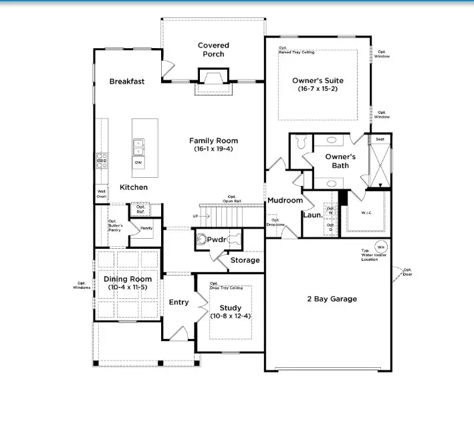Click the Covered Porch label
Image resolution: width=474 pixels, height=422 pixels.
click(x=213, y=50)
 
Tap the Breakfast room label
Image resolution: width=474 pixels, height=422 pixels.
click(x=127, y=82)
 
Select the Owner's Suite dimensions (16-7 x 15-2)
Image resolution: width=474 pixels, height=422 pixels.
click(x=318, y=89)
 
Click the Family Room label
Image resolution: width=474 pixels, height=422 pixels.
click(x=213, y=140)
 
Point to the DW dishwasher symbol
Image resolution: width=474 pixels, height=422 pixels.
click(x=138, y=163)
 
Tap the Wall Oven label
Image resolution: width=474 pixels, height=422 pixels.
click(x=101, y=194)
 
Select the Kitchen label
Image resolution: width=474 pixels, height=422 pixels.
click(x=134, y=187)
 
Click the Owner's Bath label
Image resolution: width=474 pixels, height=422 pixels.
click(x=340, y=161)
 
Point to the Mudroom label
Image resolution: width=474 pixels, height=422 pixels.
click(x=285, y=200)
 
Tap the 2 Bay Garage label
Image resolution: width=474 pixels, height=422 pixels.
click(x=332, y=299)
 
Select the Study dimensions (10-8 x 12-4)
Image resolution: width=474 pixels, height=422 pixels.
click(x=230, y=316)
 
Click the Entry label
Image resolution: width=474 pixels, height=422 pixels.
click(x=179, y=302)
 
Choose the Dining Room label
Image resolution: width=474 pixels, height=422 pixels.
click(x=127, y=279)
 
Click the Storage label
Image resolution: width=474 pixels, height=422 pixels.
click(x=245, y=260)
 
